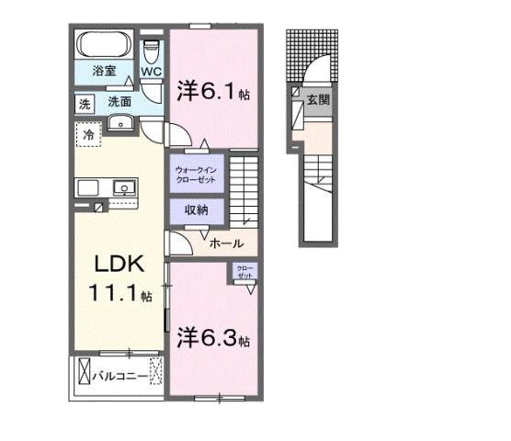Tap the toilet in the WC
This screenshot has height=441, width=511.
coord(153,47)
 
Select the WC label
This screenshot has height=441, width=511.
coord(152,70)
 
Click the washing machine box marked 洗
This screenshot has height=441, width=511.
coord(84,102)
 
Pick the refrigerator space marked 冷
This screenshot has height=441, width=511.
coord(90,134)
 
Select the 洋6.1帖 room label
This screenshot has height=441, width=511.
coord(213,93)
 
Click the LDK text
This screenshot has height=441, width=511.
coord(117,265)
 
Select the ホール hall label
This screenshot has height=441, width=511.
coord(226,243)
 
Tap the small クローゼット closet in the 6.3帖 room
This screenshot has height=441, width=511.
coord(244,272)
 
